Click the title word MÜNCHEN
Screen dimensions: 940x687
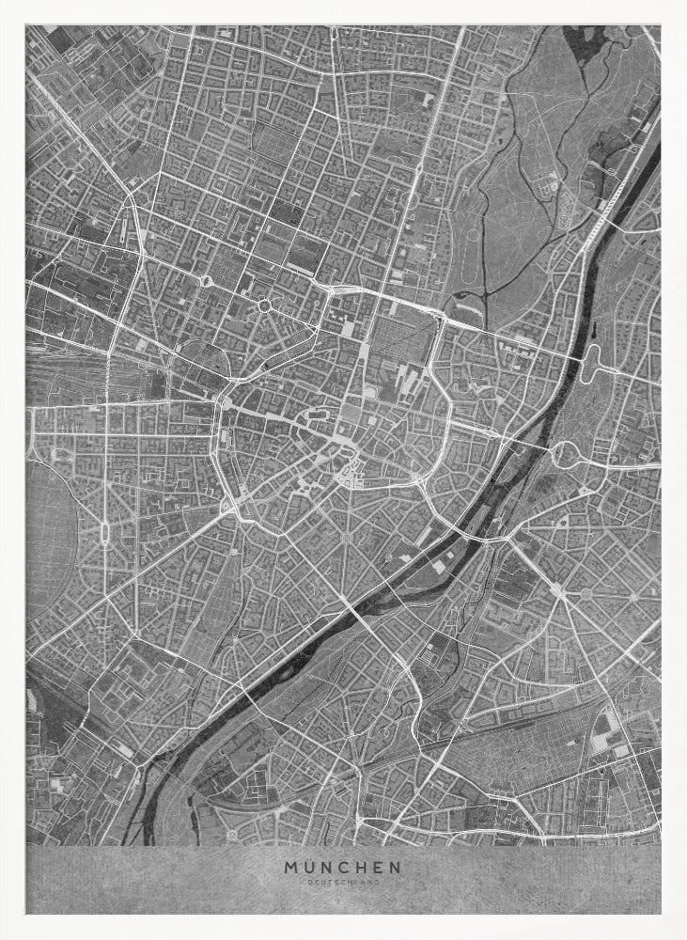click(x=342, y=868)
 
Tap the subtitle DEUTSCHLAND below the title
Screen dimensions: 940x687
click(x=342, y=884)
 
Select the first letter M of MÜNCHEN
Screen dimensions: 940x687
click(x=291, y=868)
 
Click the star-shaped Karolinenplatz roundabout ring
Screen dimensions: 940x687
click(x=264, y=306)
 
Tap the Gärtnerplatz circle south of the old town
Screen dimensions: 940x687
click(x=345, y=537)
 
